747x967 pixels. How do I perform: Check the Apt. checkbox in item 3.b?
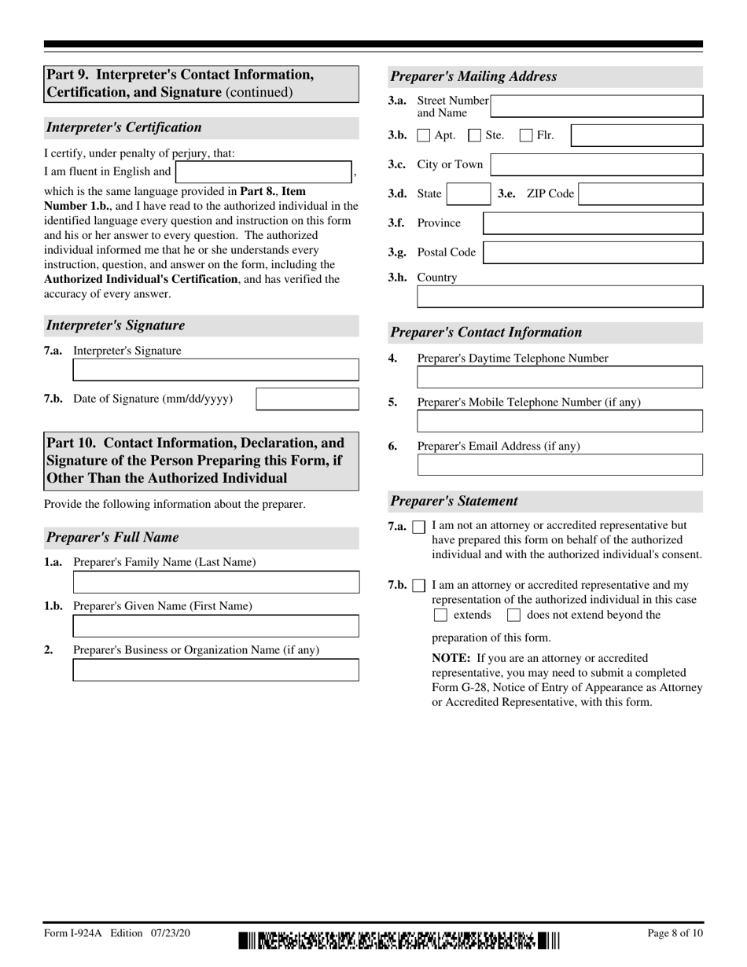[x=423, y=136]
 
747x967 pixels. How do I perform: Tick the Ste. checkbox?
[x=475, y=136]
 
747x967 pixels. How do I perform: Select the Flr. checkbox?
[x=526, y=136]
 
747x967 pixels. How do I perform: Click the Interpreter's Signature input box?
[x=215, y=370]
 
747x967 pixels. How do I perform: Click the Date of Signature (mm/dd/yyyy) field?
[x=307, y=399]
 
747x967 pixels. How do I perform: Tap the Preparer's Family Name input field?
[x=215, y=582]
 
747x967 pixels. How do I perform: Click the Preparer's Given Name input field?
[x=215, y=626]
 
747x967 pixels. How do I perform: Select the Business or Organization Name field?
[x=215, y=670]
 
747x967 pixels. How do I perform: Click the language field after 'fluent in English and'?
[x=264, y=171]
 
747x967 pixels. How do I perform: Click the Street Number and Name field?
[x=596, y=107]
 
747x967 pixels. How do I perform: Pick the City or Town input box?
[x=596, y=164]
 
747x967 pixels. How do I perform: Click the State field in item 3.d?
[x=469, y=194]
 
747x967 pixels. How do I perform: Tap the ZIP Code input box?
[x=640, y=194]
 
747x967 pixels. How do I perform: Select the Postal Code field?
[x=593, y=252]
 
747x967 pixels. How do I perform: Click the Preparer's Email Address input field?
[x=560, y=465]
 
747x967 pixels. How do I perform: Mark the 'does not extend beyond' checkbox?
[x=514, y=616]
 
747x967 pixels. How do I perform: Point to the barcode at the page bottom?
[x=399, y=940]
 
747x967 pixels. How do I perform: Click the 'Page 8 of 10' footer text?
[x=675, y=933]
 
